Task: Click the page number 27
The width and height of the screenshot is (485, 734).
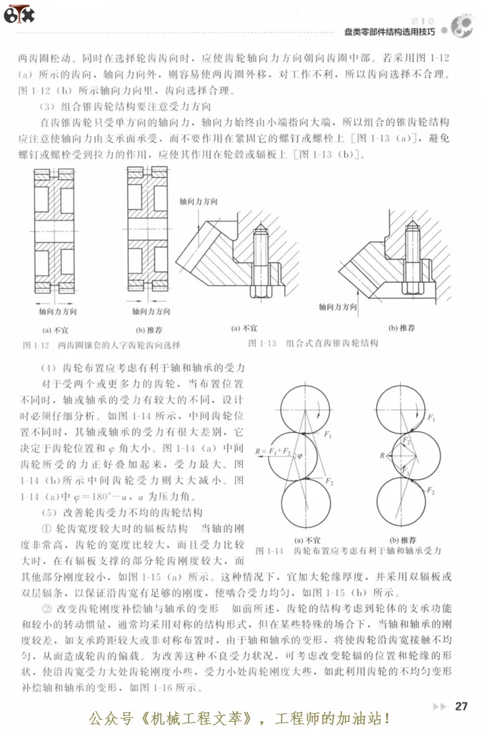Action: tap(461, 706)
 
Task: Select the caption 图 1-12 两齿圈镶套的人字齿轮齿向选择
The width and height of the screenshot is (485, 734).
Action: tap(101, 345)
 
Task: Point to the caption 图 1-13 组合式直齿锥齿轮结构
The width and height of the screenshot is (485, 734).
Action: tap(313, 343)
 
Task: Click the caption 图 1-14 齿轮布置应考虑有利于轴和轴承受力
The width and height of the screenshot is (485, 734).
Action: tap(348, 550)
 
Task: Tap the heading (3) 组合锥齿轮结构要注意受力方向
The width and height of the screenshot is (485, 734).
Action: tap(125, 106)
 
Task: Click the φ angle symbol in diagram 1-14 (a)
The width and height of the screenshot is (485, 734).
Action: tap(300, 456)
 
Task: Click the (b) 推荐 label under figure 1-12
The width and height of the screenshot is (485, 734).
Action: tap(150, 330)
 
